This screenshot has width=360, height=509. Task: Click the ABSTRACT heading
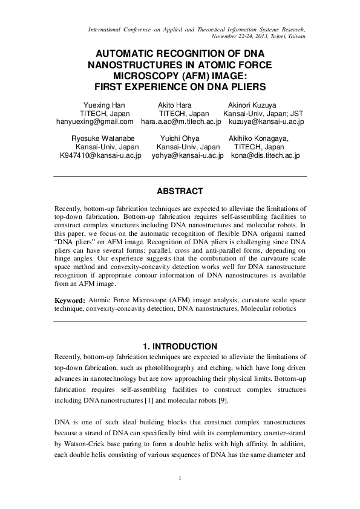(180, 191)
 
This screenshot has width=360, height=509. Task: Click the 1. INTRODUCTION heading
(180, 346)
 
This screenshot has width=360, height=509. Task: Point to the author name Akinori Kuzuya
(252, 105)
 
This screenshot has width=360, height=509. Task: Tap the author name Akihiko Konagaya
(259, 138)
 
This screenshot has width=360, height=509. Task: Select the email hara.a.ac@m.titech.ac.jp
(180, 122)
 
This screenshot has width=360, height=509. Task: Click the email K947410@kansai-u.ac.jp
(100, 155)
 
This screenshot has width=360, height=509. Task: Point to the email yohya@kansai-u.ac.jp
(188, 155)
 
